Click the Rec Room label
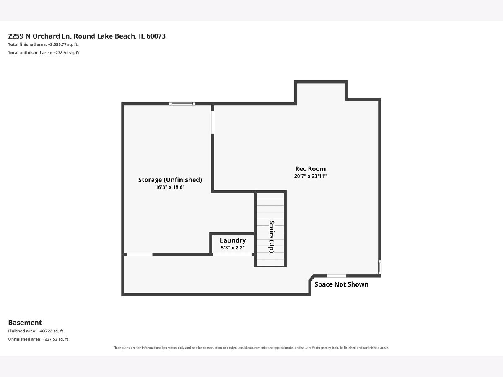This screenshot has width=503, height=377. point(310,169)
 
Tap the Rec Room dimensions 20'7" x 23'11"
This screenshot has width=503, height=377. point(310,176)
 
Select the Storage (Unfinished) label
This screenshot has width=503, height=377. point(170,180)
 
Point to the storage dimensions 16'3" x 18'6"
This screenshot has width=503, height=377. point(170,187)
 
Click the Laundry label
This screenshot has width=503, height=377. point(233,240)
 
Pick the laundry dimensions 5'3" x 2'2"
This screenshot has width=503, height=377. point(233,248)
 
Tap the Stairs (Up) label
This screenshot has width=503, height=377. point(272,236)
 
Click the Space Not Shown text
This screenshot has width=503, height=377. point(341,284)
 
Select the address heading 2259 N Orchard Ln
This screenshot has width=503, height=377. point(39,36)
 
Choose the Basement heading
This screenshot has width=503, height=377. point(25,323)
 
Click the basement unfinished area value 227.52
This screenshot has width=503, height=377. point(51,339)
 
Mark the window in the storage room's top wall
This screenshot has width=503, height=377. point(182,104)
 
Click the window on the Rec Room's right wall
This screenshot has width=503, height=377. point(380,267)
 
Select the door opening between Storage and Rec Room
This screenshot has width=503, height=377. point(213,122)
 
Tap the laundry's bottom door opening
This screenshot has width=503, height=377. point(232,254)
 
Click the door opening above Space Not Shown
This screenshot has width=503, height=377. point(337,276)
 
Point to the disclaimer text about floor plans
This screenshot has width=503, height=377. point(251,348)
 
